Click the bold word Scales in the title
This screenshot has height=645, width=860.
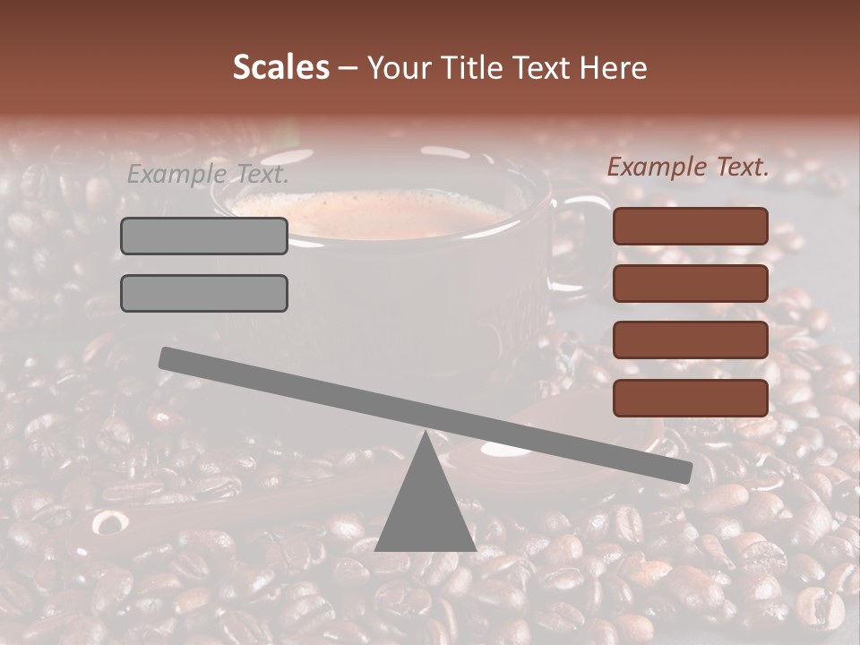coord(281,67)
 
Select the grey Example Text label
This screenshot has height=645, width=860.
coord(208,175)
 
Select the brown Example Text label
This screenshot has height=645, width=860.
coord(688,167)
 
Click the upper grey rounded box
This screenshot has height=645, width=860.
coord(204,236)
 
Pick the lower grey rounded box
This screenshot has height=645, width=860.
coord(204,293)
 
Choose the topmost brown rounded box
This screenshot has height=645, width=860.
coord(691,226)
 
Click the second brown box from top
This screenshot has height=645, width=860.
coord(691,283)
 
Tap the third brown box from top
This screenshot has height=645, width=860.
coord(691,340)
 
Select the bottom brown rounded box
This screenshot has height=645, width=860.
coord(691,398)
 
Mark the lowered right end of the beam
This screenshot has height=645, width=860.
coord(684,471)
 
